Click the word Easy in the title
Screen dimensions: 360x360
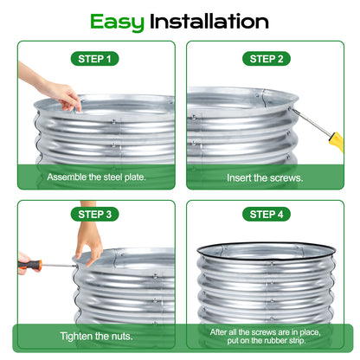pos(118,20)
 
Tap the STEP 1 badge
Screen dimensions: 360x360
pos(95,59)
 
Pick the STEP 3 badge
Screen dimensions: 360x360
pos(95,214)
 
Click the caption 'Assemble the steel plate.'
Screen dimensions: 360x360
pos(95,177)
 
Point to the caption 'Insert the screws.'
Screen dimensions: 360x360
pos(265,177)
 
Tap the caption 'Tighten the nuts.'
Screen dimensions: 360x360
pos(95,336)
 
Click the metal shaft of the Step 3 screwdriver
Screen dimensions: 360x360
pos(61,265)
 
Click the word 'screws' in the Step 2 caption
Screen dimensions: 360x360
pos(283,177)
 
